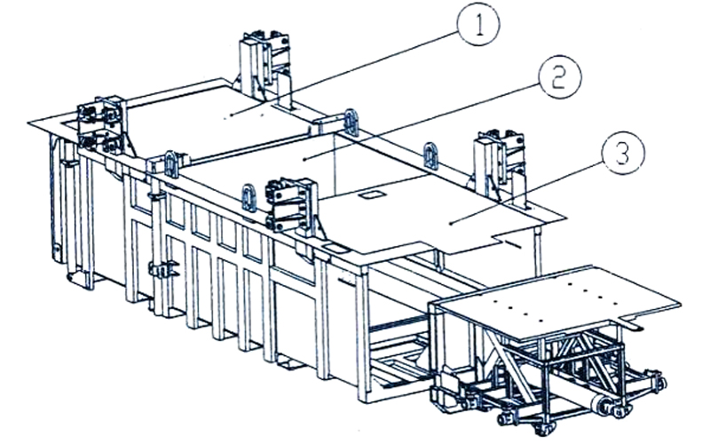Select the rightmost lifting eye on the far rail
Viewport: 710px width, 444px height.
[431, 155]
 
